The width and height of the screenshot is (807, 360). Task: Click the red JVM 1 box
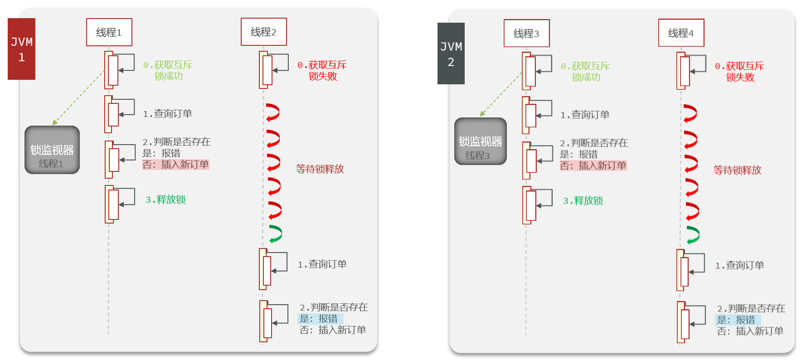coord(21,49)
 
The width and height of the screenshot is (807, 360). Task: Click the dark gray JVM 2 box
coord(451,54)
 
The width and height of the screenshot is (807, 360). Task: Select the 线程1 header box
coord(109,32)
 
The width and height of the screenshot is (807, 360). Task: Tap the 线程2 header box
coord(264,32)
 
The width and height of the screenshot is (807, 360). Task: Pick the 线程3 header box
coord(527,33)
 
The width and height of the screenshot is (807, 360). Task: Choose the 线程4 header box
coord(681,33)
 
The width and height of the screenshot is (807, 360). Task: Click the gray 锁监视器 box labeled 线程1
coord(52,150)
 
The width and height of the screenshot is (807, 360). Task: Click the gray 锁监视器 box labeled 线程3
coord(481,141)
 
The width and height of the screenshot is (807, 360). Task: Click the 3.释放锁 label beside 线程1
coord(165,199)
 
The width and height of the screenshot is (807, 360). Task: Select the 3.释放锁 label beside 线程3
coord(583,201)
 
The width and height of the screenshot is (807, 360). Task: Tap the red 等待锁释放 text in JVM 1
coord(320,169)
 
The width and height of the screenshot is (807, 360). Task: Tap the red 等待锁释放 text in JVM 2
coord(738,170)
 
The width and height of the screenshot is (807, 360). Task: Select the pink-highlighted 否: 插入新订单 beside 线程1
coord(176,165)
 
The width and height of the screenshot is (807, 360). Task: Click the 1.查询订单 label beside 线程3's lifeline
coord(585,115)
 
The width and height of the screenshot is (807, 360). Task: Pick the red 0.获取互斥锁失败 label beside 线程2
coord(322,71)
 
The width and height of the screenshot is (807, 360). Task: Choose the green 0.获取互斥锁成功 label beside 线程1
coord(168,71)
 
